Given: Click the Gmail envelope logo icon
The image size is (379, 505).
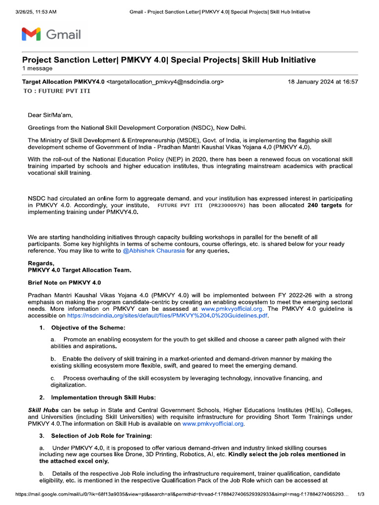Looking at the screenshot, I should tap(31, 35).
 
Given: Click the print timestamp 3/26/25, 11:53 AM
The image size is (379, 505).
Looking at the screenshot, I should tap(36, 11).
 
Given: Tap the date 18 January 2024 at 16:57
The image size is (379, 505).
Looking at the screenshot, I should tap(323, 82).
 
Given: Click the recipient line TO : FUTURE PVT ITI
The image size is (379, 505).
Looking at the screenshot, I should tap(57, 91).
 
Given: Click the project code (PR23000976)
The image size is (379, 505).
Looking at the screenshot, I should tap(227, 205).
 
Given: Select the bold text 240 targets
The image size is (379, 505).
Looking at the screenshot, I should tap(325, 205).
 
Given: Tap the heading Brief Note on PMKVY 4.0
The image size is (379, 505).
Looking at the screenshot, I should tap(64, 283).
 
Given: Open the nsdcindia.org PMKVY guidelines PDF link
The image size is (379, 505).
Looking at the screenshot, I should tap(168, 315).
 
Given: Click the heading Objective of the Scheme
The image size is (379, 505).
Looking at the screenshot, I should tap(88, 328).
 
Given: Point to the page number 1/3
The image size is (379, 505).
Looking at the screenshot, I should tap(360, 494).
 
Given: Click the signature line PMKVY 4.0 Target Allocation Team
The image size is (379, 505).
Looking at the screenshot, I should tap(79, 270).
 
